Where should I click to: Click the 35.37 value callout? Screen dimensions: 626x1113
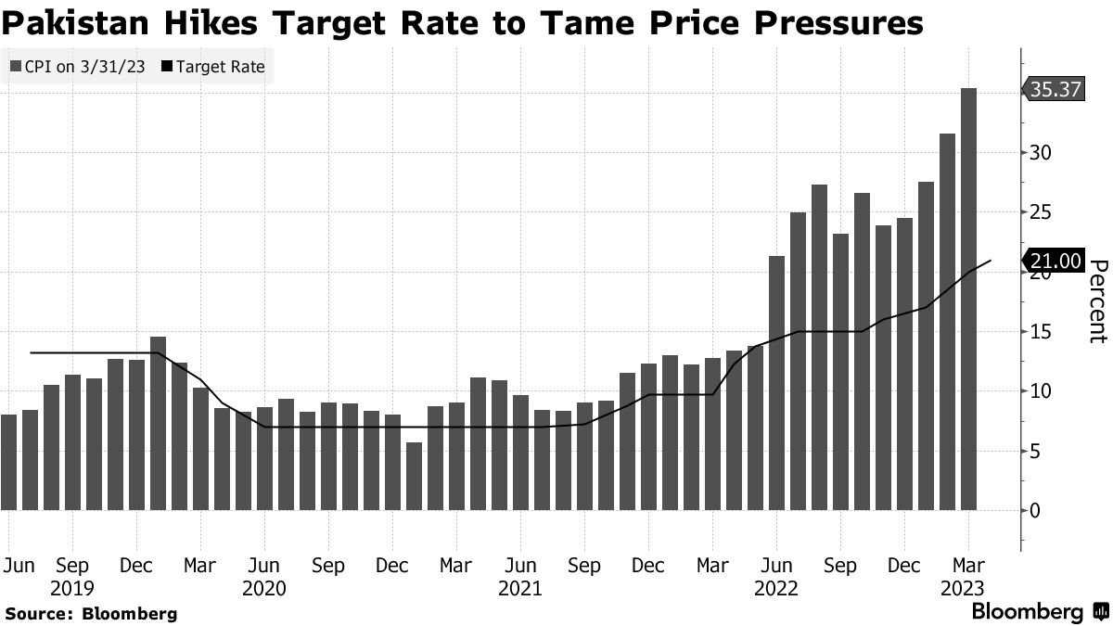(1055, 89)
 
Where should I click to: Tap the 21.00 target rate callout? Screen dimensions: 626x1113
(1055, 261)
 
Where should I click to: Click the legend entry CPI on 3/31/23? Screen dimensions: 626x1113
(79, 67)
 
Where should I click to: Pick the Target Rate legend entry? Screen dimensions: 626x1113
(214, 67)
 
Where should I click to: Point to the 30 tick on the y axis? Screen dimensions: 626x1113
(1042, 152)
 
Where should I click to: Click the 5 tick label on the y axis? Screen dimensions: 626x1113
(1036, 452)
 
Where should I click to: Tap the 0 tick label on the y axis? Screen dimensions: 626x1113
(1036, 511)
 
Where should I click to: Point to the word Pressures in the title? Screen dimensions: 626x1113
(840, 23)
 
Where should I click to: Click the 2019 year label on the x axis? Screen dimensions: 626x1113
(71, 588)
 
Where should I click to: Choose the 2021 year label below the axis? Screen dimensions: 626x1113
(520, 588)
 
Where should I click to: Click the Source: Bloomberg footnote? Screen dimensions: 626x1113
(91, 614)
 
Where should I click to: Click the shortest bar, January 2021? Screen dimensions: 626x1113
(414, 476)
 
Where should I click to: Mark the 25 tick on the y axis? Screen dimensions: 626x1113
(1042, 212)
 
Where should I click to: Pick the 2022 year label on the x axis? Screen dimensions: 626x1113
(776, 588)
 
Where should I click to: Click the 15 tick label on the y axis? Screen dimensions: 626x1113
(1041, 332)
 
